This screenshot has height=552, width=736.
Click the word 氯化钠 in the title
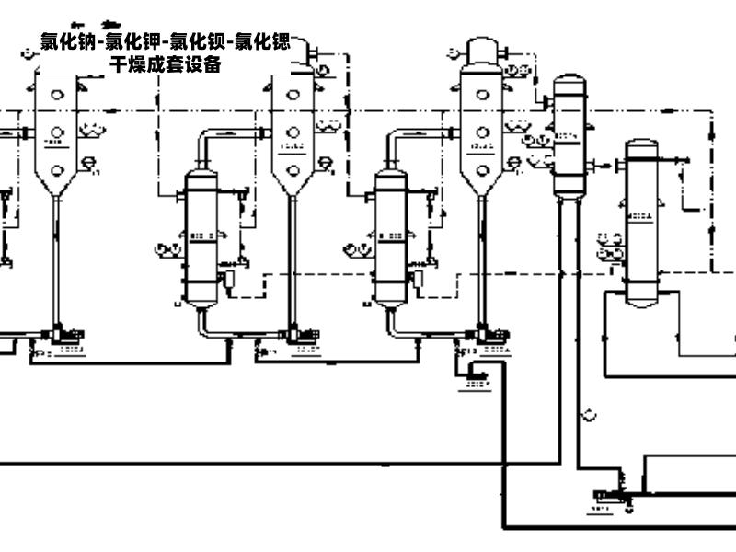pyautogui.click(x=67, y=41)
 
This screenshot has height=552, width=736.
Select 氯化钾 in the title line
pyautogui.click(x=132, y=41)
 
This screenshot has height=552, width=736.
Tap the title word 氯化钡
pyautogui.click(x=197, y=41)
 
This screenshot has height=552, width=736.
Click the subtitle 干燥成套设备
pyautogui.click(x=166, y=63)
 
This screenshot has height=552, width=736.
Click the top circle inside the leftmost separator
pyautogui.click(x=57, y=94)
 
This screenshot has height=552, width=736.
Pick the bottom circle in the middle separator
pyautogui.click(x=293, y=169)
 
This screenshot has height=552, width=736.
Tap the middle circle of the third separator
pyautogui.click(x=482, y=131)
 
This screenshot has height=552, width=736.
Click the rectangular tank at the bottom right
pyautogui.click(x=690, y=474)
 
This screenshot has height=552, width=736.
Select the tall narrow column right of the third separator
pyautogui.click(x=569, y=137)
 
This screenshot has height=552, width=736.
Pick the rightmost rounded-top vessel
pyautogui.click(x=642, y=221)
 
